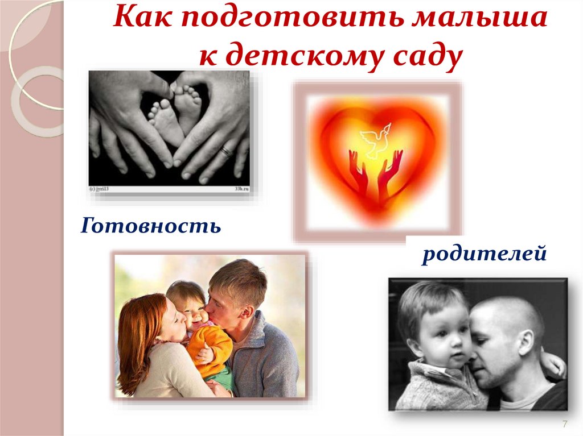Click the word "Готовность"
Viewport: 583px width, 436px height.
click(151, 226)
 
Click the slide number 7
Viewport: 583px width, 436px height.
click(565, 424)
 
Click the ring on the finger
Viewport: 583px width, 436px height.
click(226, 151)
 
